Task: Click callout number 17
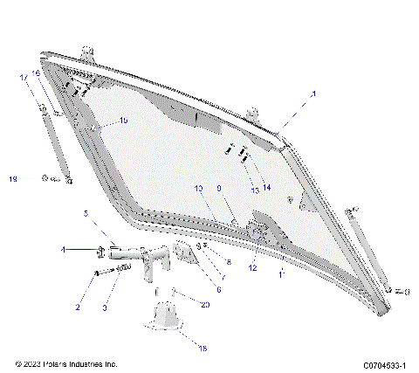pos(24,77)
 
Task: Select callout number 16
pos(36,73)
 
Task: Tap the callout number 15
pos(123,121)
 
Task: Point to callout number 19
pos(13,179)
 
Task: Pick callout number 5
pos(86,213)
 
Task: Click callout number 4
pos(63,251)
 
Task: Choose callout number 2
pos(78,307)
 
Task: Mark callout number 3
pos(105,307)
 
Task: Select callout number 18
pos(203,348)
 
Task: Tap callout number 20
pos(205,305)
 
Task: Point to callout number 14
pos(267,188)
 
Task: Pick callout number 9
pos(219,188)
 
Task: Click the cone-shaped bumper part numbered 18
pos(166,316)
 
